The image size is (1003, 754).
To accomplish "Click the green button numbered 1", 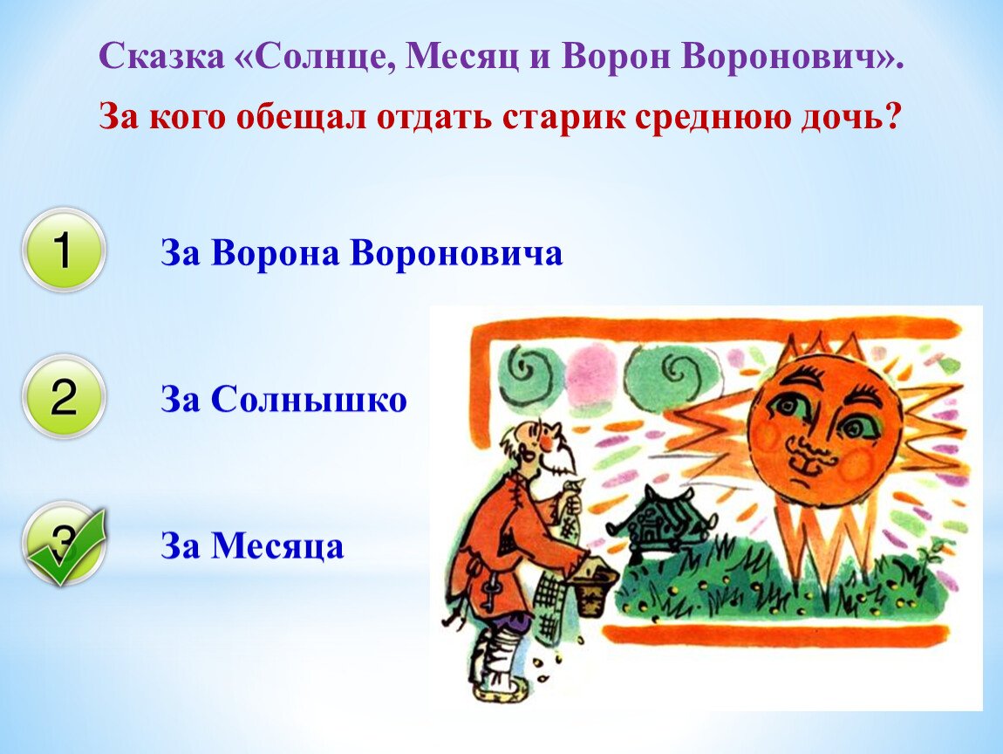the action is tap(64, 250).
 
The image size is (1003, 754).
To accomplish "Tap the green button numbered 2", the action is tap(64, 397).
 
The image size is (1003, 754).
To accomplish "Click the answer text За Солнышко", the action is tap(283, 400).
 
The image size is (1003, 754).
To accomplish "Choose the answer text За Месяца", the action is tap(252, 547).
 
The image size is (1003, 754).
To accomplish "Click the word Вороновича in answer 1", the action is tap(457, 252).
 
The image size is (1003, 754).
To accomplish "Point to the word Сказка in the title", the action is tap(162, 57).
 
